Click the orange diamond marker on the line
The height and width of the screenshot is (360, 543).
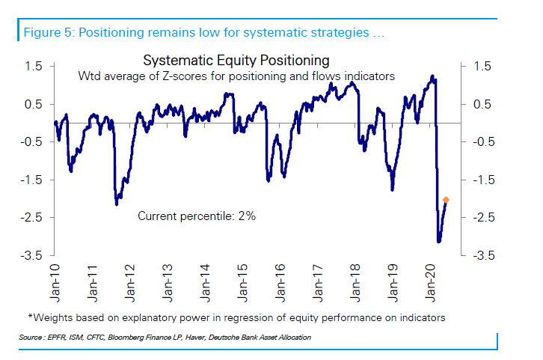(x=446, y=199)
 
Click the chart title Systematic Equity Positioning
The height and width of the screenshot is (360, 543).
(x=236, y=60)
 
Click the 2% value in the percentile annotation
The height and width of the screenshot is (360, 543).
(x=248, y=216)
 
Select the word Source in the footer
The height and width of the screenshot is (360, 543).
(x=31, y=338)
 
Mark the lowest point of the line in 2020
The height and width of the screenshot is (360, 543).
(x=439, y=241)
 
